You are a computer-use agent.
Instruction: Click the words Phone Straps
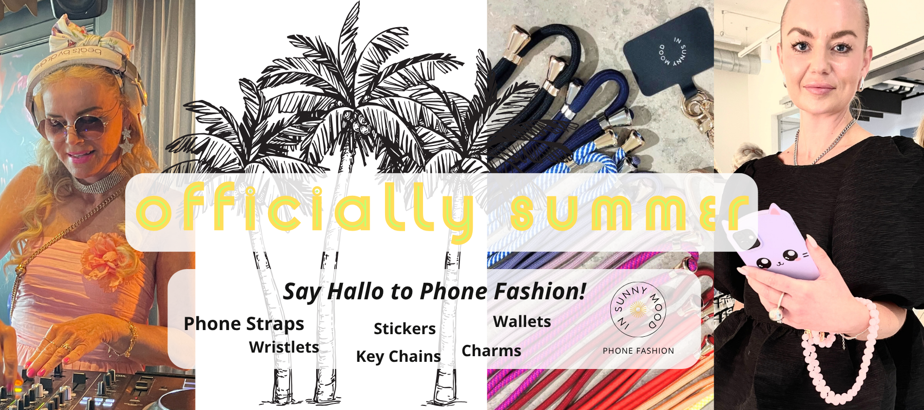tap(244, 324)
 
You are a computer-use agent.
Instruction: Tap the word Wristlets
tap(284, 347)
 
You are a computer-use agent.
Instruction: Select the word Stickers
tap(405, 329)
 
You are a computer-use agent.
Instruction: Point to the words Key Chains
tap(398, 356)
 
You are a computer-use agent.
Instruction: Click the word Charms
tap(491, 351)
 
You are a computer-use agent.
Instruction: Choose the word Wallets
tap(522, 321)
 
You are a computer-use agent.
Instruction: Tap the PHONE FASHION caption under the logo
tap(639, 351)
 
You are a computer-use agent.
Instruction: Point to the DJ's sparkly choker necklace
tap(98, 182)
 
